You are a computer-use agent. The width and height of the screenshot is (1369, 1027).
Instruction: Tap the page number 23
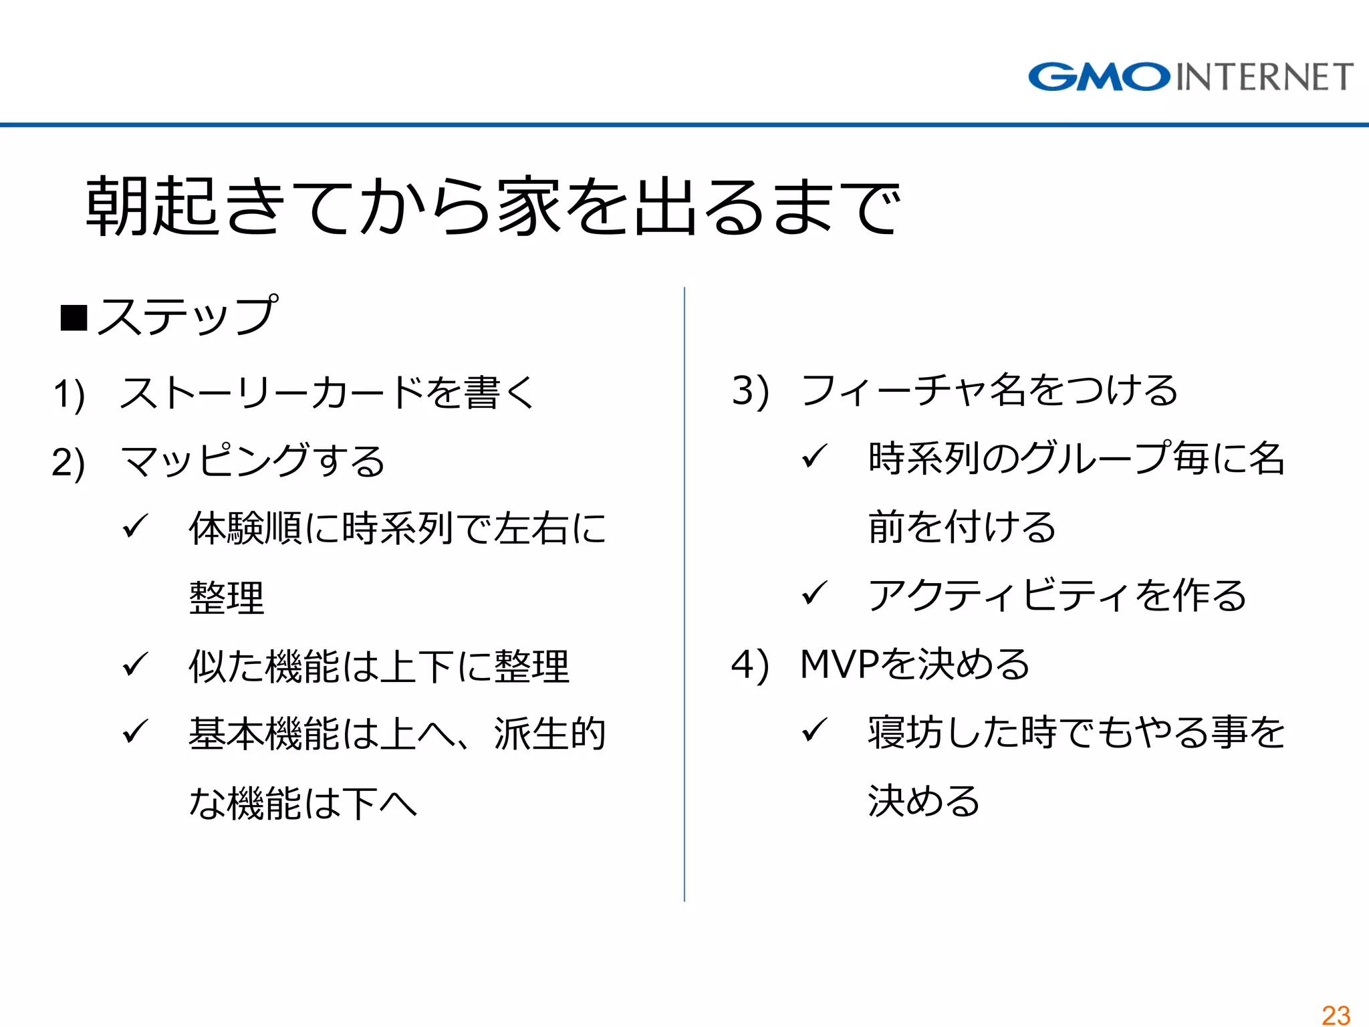coord(1336,1014)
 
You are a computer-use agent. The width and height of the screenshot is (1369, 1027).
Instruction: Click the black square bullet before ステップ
coord(74,318)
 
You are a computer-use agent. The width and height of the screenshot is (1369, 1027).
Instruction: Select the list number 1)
coord(70,394)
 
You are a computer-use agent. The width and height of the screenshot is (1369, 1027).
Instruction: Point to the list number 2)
coord(68,463)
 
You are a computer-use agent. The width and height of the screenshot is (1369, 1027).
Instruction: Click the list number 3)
coord(750,391)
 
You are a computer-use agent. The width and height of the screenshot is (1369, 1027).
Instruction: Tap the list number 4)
coord(750,665)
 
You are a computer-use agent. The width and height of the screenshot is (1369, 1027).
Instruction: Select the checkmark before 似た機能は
coord(134,665)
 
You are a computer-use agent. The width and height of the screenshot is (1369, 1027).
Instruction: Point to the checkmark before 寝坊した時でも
coord(814,730)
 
